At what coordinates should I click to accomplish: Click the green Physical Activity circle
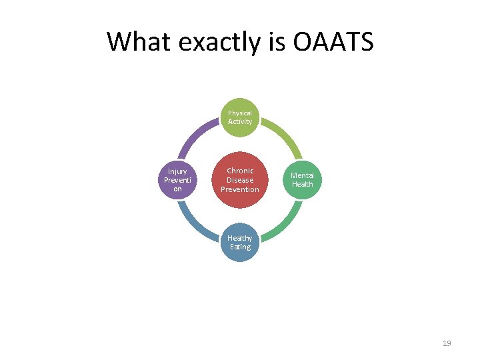(x=240, y=117)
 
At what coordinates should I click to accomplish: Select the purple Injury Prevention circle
(x=177, y=180)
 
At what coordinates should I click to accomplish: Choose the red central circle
(x=240, y=180)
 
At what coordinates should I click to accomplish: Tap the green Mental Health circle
(x=302, y=180)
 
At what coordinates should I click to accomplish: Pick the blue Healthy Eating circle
(x=240, y=242)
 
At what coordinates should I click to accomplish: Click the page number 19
(x=447, y=343)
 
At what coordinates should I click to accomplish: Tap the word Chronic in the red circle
(x=240, y=171)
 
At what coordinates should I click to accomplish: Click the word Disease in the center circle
(x=240, y=180)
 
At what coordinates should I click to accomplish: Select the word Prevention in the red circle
(x=240, y=189)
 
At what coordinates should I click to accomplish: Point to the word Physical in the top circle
(x=240, y=113)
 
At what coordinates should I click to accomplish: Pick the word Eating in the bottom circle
(x=240, y=247)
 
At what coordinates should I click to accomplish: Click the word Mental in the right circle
(x=302, y=175)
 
